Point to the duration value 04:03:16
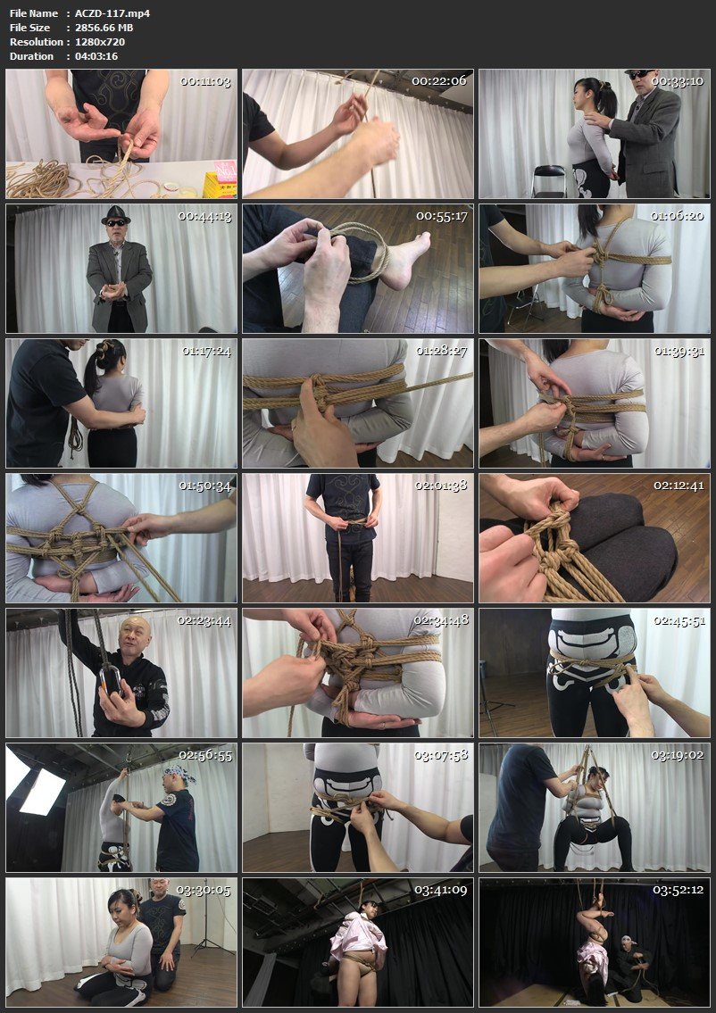(96, 56)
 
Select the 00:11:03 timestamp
(205, 81)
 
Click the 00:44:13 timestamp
(205, 216)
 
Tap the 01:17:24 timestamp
(205, 351)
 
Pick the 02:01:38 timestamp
(441, 486)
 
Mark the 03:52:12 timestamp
(679, 890)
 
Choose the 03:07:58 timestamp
(441, 755)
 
